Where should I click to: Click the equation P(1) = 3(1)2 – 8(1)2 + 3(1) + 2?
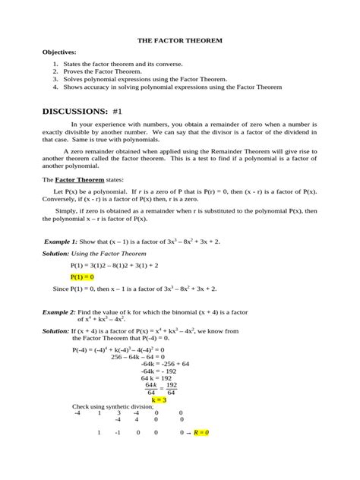point(120,266)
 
